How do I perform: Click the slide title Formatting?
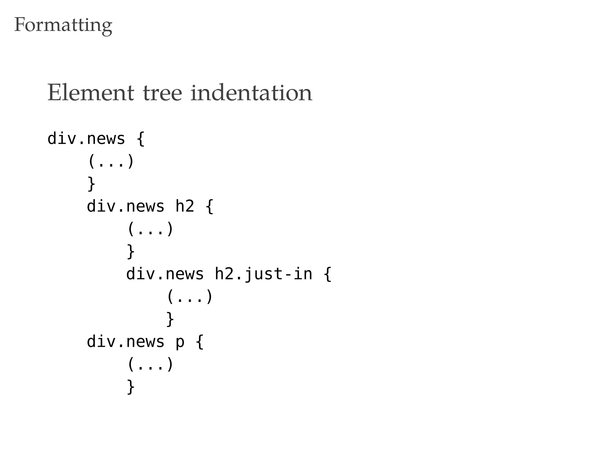coord(63,25)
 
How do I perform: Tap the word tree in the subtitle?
coord(163,93)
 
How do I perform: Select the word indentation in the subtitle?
coord(251,93)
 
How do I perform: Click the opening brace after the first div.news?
coord(141,139)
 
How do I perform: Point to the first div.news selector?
coord(86,139)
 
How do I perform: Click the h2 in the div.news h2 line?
coord(185,206)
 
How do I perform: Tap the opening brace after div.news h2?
coord(209,206)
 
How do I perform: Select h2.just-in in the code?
coord(263,274)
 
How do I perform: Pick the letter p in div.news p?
coord(180,342)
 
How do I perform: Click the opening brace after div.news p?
coord(200,342)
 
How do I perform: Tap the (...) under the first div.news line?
coord(111,161)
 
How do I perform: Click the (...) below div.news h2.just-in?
coord(190,297)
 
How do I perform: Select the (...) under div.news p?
coord(150,365)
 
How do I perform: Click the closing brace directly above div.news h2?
coord(91,184)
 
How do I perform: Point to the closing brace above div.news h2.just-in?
coord(131,252)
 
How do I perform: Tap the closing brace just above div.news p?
coord(170,319)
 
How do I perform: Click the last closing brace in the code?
coord(131,387)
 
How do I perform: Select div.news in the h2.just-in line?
coord(165,274)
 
